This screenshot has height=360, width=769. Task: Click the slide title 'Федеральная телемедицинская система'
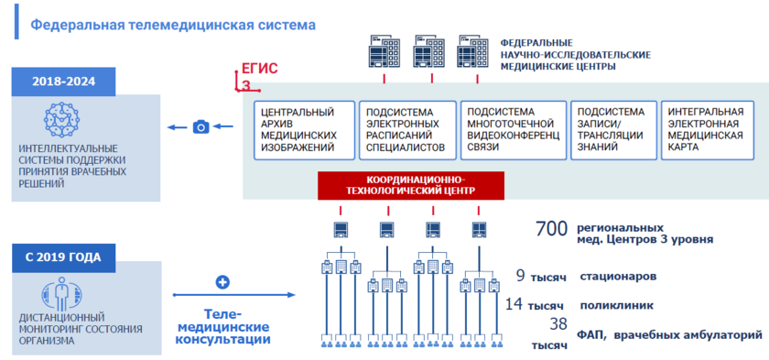tap(173, 25)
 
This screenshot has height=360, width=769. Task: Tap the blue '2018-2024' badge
tap(64, 82)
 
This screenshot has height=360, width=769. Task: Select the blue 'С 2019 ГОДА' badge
tap(64, 257)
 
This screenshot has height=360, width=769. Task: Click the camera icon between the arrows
tap(201, 127)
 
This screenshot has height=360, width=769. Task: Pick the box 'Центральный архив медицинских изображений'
tap(301, 129)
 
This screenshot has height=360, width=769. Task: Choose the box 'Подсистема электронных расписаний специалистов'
tap(406, 129)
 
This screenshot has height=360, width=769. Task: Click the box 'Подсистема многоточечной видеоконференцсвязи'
tap(508, 129)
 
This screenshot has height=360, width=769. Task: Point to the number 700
tap(552, 229)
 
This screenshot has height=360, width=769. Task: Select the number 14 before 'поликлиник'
tap(514, 303)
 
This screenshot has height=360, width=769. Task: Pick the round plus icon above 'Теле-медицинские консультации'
tap(222, 282)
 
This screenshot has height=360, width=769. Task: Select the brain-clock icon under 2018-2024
tap(64, 120)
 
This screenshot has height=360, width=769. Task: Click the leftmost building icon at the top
tap(379, 54)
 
